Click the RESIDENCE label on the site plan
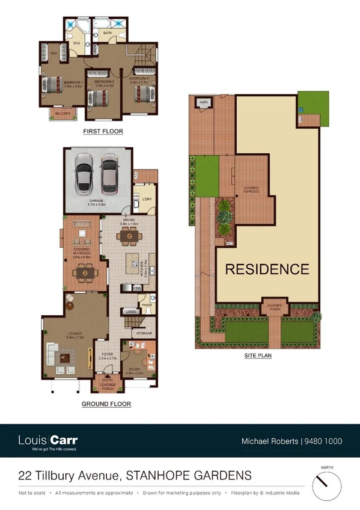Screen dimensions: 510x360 [267, 269]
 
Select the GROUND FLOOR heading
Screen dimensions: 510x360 [106, 404]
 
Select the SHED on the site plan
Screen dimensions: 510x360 [204, 103]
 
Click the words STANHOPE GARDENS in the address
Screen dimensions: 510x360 [189, 476]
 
